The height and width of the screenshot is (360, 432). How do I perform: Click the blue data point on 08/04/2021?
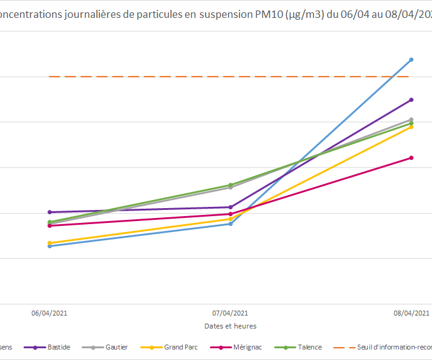pyautogui.click(x=411, y=60)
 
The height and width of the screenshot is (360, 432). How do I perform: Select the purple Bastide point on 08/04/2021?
pyautogui.click(x=411, y=99)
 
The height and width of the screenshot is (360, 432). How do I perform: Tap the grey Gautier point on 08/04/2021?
pyautogui.click(x=411, y=119)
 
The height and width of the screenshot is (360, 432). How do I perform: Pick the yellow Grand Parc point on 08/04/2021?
pyautogui.click(x=411, y=127)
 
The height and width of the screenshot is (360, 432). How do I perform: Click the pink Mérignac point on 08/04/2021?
pyautogui.click(x=411, y=157)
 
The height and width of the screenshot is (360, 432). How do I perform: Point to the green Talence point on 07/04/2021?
pyautogui.click(x=230, y=185)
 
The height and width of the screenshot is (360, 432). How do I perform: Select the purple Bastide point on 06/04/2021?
pyautogui.click(x=49, y=212)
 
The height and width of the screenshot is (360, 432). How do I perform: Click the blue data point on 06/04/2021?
pyautogui.click(x=49, y=246)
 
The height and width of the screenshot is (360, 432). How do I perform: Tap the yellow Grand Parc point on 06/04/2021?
pyautogui.click(x=49, y=243)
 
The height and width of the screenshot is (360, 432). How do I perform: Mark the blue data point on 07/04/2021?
pyautogui.click(x=230, y=224)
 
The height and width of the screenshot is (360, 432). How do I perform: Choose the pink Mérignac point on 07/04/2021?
pyautogui.click(x=230, y=214)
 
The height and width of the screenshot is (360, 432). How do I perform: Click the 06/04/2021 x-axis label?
pyautogui.click(x=49, y=313)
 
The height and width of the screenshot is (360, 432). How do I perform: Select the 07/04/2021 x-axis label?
pyautogui.click(x=230, y=313)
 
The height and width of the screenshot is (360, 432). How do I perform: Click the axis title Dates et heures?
pyautogui.click(x=230, y=325)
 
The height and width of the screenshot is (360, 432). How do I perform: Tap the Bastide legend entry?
pyautogui.click(x=59, y=347)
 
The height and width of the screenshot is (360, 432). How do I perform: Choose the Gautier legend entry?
pyautogui.click(x=116, y=347)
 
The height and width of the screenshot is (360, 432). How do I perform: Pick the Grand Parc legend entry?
pyautogui.click(x=180, y=347)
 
